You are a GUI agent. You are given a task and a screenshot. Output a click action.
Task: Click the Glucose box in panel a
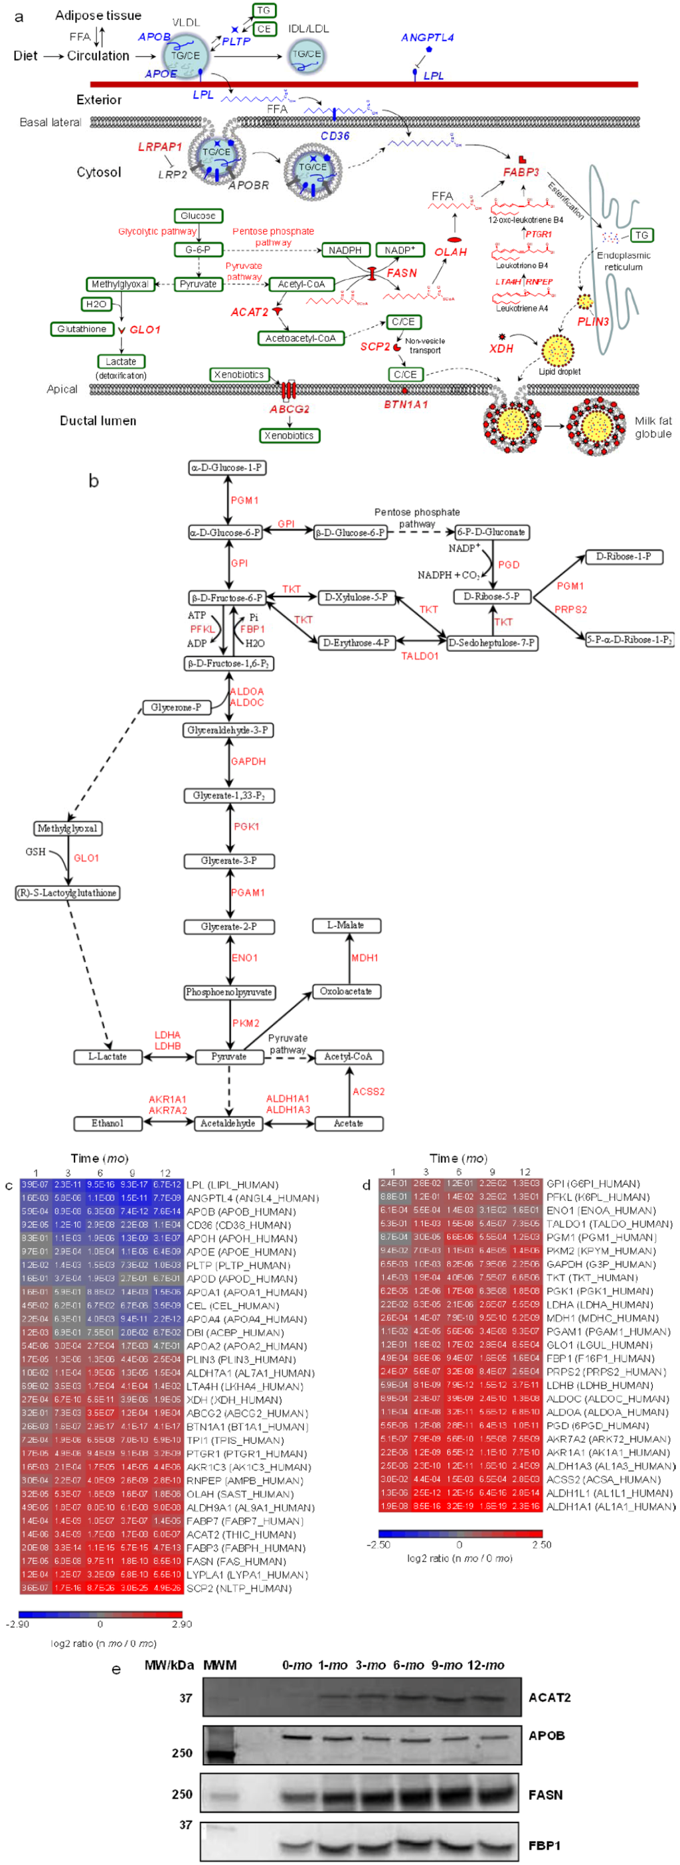point(198,216)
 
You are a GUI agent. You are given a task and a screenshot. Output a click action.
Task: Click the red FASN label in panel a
point(401,273)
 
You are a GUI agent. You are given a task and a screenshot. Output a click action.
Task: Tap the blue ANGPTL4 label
point(427,38)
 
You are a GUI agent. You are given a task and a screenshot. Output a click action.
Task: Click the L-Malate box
point(345,925)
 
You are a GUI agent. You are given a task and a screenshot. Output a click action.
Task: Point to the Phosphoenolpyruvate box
point(229,992)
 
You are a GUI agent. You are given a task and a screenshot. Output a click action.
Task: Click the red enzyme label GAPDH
point(248,762)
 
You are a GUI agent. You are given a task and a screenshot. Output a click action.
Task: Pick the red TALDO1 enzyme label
point(420,656)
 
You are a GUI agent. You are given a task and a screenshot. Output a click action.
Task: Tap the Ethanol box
point(107,1123)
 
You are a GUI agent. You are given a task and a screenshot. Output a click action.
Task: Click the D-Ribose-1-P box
point(623,557)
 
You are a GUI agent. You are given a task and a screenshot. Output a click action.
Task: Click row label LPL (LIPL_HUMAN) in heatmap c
point(232,1185)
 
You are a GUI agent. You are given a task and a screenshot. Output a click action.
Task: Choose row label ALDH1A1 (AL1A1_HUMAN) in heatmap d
point(610,1506)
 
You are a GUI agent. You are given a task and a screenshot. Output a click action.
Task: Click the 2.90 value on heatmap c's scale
point(182,1624)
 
